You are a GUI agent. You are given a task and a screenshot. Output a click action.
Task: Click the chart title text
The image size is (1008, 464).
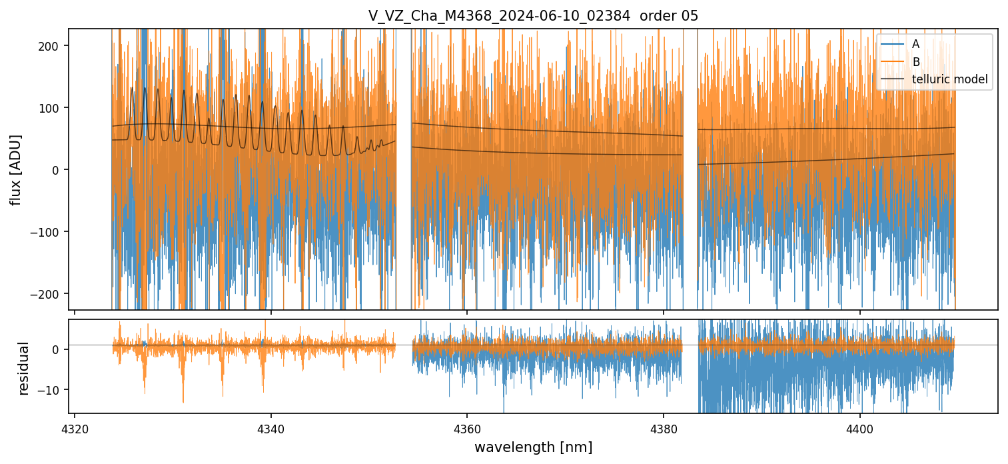pos(533,16)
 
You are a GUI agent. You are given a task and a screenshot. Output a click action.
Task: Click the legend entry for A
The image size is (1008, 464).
pos(915,45)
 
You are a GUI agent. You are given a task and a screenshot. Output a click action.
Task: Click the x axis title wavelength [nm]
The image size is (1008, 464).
pos(533,447)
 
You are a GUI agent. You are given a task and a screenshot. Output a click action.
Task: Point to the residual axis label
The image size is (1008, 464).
pos(24,368)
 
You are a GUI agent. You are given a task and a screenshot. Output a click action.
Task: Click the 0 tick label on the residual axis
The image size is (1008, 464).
pos(56,349)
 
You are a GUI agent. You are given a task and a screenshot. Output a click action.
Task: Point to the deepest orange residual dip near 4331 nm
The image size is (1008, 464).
pos(183,401)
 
